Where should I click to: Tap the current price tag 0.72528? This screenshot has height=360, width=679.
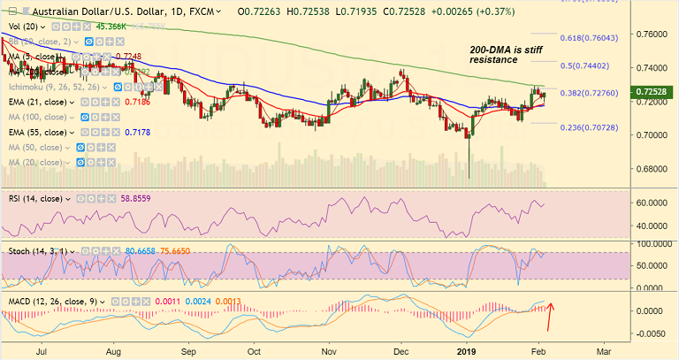(x=654, y=92)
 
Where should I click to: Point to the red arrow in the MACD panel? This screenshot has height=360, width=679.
(x=552, y=312)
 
